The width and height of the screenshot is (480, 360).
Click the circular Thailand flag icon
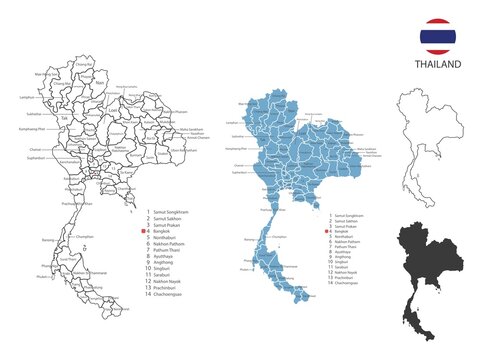(x=438, y=36)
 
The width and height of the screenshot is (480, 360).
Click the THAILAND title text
(x=438, y=65)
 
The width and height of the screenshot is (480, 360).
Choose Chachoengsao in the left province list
(x=172, y=298)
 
